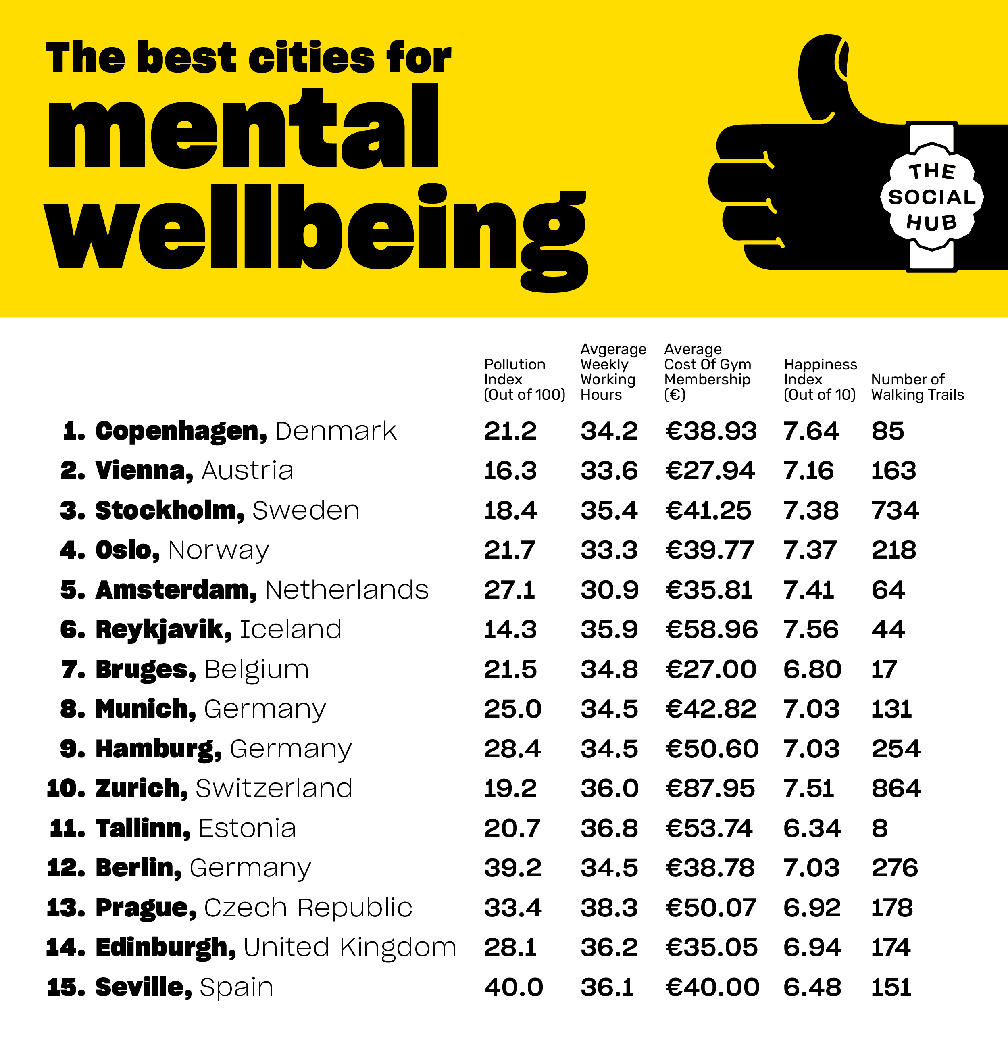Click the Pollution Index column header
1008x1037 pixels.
[524, 379]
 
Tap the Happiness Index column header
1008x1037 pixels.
[820, 379]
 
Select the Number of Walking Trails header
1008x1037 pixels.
[917, 387]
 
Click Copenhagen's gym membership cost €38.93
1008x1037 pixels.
[710, 431]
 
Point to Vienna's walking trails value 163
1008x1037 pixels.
[893, 471]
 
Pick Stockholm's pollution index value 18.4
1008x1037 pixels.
[510, 511]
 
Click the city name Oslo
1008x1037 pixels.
[127, 550]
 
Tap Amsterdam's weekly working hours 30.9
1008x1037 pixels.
[609, 590]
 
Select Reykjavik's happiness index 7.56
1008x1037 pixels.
[810, 630]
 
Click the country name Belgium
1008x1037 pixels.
[256, 670]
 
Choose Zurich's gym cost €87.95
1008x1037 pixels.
[709, 789]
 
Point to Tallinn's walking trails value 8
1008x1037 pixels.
[879, 828]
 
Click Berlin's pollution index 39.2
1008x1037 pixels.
[512, 868]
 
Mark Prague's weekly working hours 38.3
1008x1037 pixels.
[609, 908]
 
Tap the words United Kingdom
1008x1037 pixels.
[350, 947]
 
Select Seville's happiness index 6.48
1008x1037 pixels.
[812, 987]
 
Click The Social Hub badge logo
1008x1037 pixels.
[932, 197]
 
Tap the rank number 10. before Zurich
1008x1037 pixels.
[66, 789]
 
